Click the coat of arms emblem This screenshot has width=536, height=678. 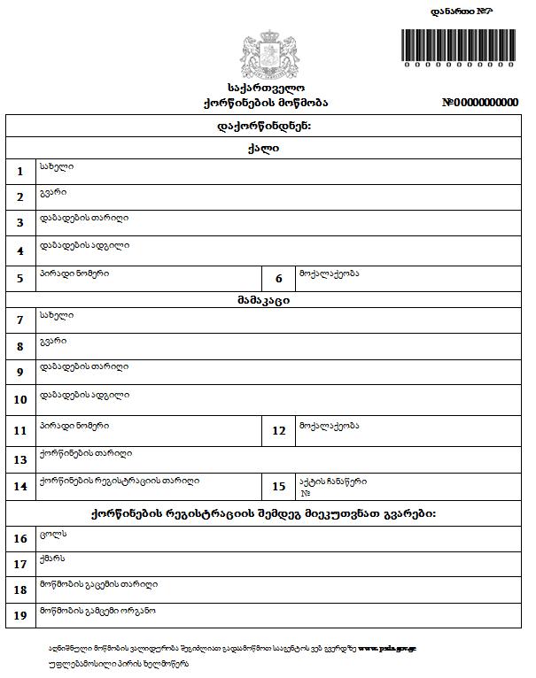coord(265,53)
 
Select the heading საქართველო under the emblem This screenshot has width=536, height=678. coord(265,88)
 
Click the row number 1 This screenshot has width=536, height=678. coord(20,172)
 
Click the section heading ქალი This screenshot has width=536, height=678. coord(264,148)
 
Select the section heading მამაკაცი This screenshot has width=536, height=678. coord(264,300)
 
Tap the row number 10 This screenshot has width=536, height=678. coord(20,400)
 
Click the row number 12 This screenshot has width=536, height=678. coord(278,431)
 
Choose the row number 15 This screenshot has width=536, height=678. coord(278,486)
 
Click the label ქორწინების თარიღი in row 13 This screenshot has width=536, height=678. coord(85,453)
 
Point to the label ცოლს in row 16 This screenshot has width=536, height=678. coord(53,534)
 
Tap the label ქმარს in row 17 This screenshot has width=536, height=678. coord(53,559)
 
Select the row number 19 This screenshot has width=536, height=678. coord(20,615)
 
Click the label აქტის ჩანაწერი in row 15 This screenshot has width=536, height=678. coord(332,482)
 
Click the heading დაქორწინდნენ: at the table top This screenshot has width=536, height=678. coord(264,126)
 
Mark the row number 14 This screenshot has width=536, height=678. coord(20,486)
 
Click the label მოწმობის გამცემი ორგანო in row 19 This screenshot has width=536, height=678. coord(97,611)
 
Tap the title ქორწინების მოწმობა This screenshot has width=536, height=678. coord(265,103)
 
